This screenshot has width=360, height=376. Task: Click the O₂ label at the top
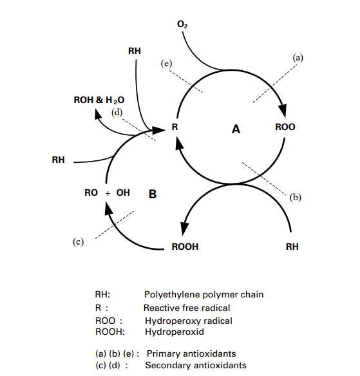[x=182, y=24]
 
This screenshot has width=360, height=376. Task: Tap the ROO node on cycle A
[x=285, y=127]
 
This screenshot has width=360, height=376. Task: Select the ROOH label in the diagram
[x=185, y=247]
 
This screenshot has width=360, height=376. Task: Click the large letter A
[x=236, y=129]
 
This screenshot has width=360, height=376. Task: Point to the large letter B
[x=153, y=194]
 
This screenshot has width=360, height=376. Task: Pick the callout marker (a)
[x=298, y=58]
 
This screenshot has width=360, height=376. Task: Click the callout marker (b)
[x=295, y=197]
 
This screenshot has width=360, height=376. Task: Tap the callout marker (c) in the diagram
[x=78, y=241]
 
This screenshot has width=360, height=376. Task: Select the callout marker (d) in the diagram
[x=117, y=112]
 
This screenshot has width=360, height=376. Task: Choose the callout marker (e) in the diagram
[x=166, y=64]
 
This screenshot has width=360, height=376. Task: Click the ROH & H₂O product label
[x=99, y=100]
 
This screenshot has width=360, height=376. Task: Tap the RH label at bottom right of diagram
[x=292, y=247]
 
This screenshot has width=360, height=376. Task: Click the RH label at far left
[x=58, y=160]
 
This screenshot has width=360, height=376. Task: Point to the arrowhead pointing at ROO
[x=283, y=111]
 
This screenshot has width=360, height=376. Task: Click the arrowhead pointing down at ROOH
[x=184, y=229]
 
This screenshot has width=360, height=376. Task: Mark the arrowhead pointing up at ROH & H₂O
[x=97, y=114]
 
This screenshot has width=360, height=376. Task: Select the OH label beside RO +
[x=123, y=193]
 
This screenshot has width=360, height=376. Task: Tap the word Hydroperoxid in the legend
[x=175, y=332]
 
